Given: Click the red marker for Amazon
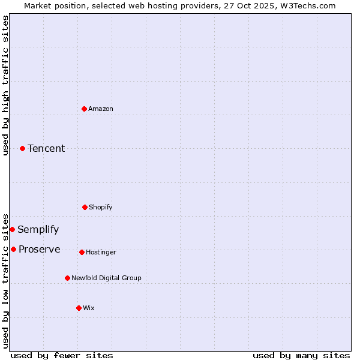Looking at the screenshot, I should (84, 109).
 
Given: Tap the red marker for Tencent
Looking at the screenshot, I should (22, 148).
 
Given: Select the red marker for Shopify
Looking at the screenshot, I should (85, 207).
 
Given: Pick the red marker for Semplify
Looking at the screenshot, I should (12, 229).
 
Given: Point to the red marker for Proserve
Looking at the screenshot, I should (13, 249).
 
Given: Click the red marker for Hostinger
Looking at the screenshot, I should (82, 252).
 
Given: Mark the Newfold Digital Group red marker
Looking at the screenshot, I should (67, 278).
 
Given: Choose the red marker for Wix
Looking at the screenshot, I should (79, 308).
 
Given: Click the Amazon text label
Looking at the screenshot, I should (101, 109).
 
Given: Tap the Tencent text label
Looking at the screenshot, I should (46, 148).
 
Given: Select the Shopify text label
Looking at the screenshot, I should (101, 207).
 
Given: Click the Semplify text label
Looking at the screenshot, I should (38, 229).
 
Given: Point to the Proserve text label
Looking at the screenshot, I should (40, 249).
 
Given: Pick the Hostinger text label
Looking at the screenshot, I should (101, 252).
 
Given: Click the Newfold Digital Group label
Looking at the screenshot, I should (107, 278).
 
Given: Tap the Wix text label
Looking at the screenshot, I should (89, 308).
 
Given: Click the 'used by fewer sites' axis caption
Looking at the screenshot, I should (62, 355).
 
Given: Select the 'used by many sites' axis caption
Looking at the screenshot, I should (301, 355).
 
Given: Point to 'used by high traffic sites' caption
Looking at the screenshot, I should (5, 85).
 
